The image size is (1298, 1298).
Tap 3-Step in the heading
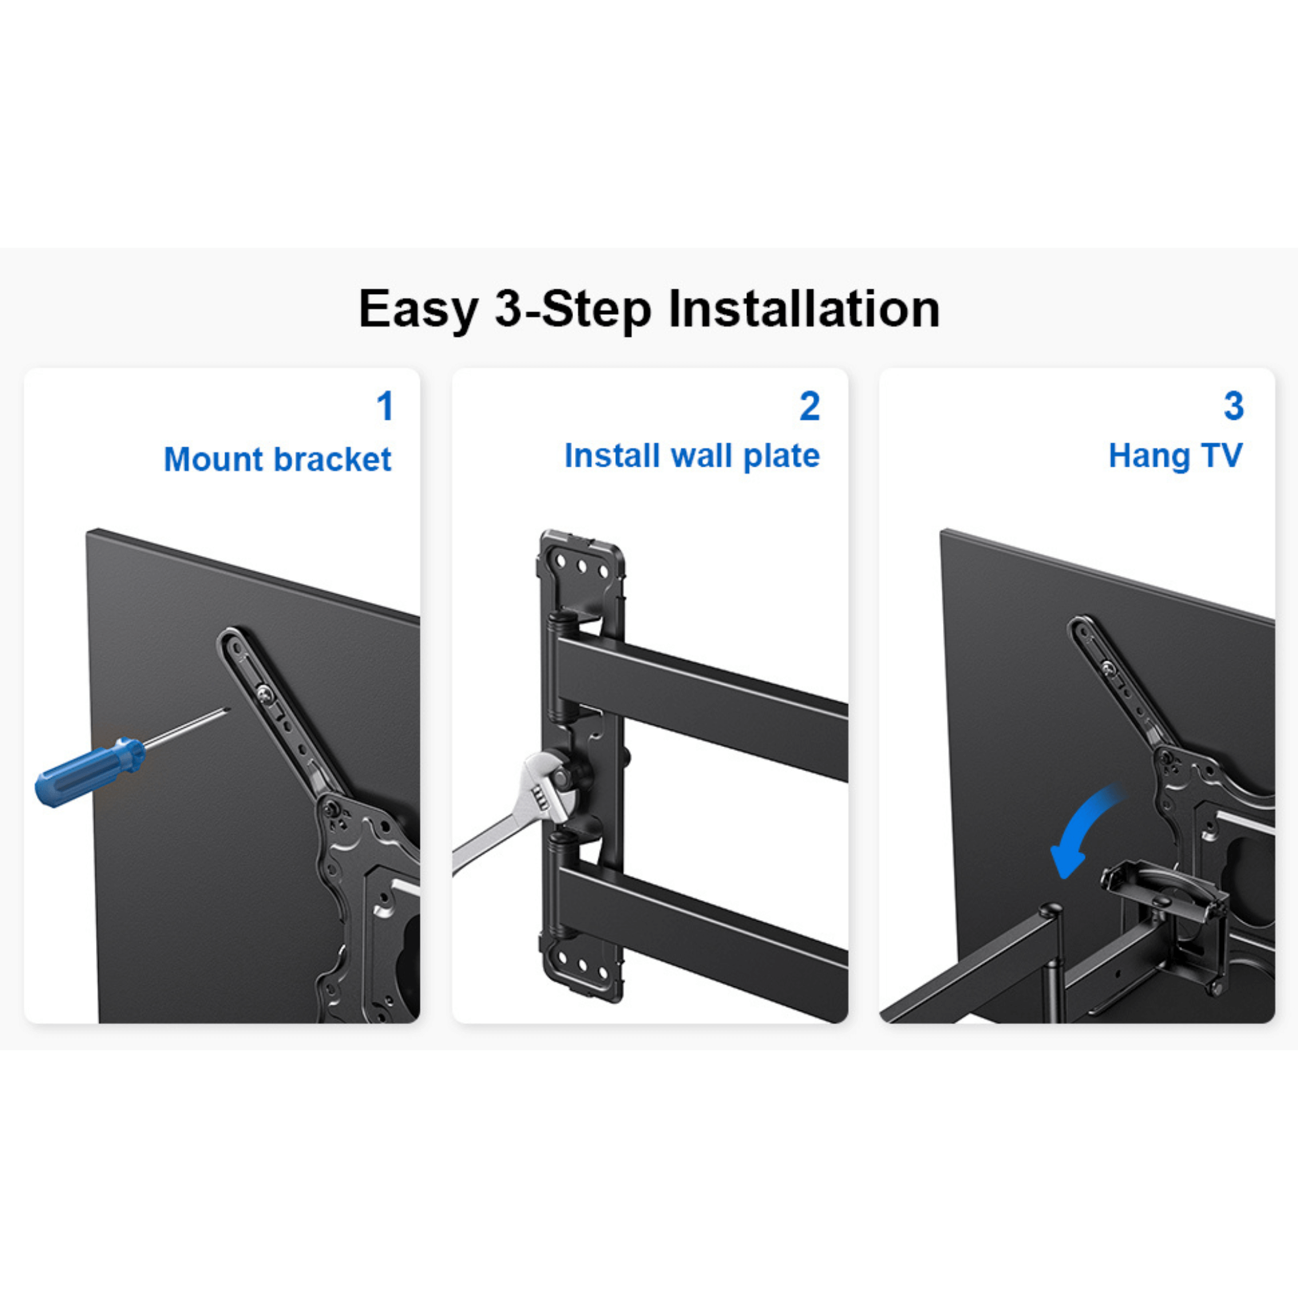(573, 310)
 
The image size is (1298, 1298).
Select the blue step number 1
(384, 406)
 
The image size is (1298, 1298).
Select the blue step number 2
(809, 406)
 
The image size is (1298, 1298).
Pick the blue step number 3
(1234, 406)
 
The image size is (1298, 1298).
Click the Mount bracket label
(278, 459)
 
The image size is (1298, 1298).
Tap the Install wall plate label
(692, 456)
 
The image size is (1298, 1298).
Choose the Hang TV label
(1175, 456)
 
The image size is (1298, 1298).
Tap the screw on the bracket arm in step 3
(1107, 668)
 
